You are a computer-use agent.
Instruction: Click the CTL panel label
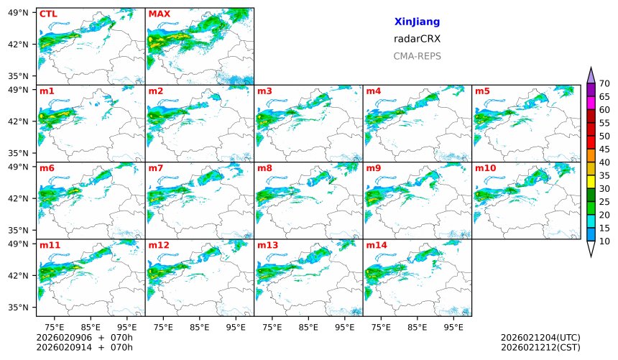point(48,14)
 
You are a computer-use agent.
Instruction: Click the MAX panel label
point(160,14)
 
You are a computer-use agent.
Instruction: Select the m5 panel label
point(482,91)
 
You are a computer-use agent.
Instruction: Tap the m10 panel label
point(485,168)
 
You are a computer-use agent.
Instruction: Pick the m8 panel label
point(264,168)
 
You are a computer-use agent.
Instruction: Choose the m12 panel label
point(159,245)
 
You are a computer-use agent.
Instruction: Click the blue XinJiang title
point(417,22)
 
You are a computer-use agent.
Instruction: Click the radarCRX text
point(417,40)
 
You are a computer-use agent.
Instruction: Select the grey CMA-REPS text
point(417,56)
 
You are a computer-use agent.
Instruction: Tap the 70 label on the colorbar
point(604,84)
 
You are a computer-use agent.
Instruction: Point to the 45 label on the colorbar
point(604,149)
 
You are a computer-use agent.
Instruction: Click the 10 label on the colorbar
point(604,241)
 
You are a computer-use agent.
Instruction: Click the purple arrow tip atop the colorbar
point(591,73)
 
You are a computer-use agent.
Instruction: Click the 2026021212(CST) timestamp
point(540,348)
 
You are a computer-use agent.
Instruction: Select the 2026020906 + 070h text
point(75,338)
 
